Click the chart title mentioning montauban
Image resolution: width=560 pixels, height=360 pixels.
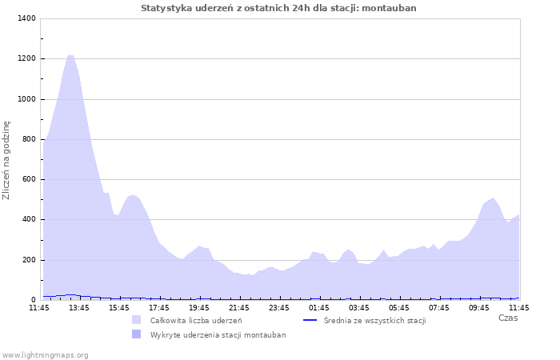(278, 8)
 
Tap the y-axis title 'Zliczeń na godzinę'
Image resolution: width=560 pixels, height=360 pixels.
(6, 160)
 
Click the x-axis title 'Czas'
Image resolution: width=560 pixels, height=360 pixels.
(507, 318)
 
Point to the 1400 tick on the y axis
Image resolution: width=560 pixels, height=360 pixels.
(26, 18)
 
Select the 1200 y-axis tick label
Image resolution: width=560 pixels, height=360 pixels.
(26, 58)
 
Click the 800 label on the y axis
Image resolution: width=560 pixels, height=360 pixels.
(28, 139)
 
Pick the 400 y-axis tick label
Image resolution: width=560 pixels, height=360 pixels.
(28, 219)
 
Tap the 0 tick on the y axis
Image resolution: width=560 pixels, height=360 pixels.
(33, 300)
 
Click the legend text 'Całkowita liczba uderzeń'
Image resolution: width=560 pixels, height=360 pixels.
(196, 321)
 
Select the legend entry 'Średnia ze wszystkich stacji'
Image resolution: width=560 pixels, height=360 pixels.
(374, 321)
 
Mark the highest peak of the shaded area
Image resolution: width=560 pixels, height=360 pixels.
(70, 55)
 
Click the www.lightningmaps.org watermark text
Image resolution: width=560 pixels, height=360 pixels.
(45, 354)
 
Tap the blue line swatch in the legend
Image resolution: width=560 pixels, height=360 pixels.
(311, 320)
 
